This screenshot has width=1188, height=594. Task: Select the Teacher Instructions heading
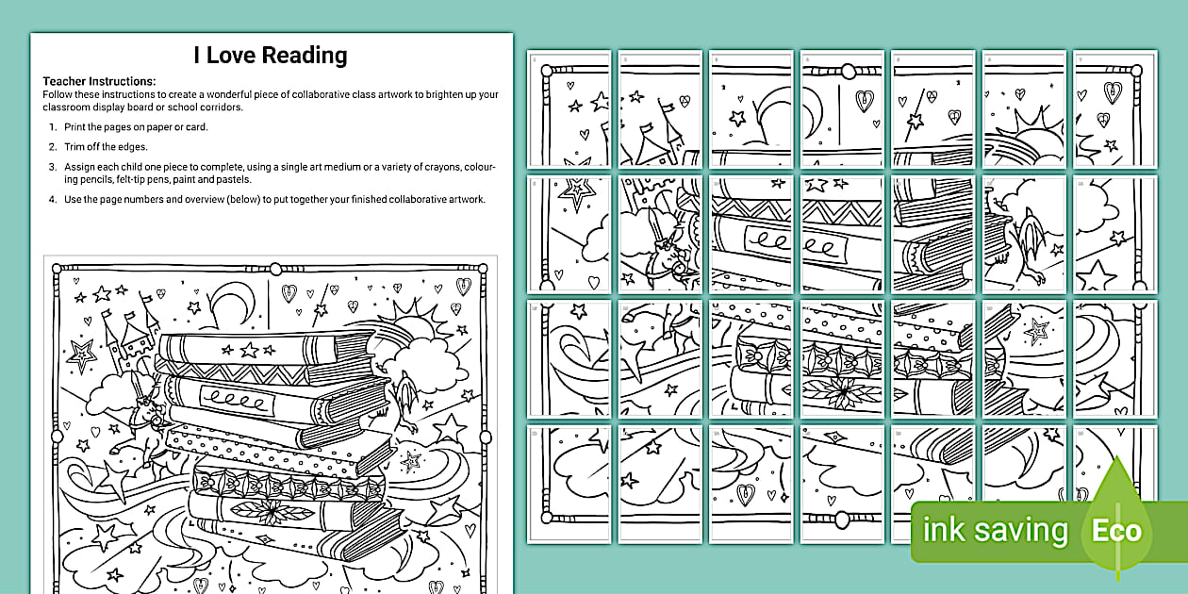tap(99, 82)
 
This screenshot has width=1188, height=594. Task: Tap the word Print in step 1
tap(76, 127)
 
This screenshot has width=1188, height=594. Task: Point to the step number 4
tap(53, 199)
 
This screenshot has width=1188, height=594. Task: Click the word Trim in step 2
tap(75, 147)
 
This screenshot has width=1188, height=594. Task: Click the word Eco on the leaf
tap(1116, 531)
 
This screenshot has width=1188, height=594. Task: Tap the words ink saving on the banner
tap(995, 531)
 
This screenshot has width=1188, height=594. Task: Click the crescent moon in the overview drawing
tap(226, 304)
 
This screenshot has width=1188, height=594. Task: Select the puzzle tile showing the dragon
tap(1024, 234)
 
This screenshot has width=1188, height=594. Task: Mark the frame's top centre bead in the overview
tap(274, 269)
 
